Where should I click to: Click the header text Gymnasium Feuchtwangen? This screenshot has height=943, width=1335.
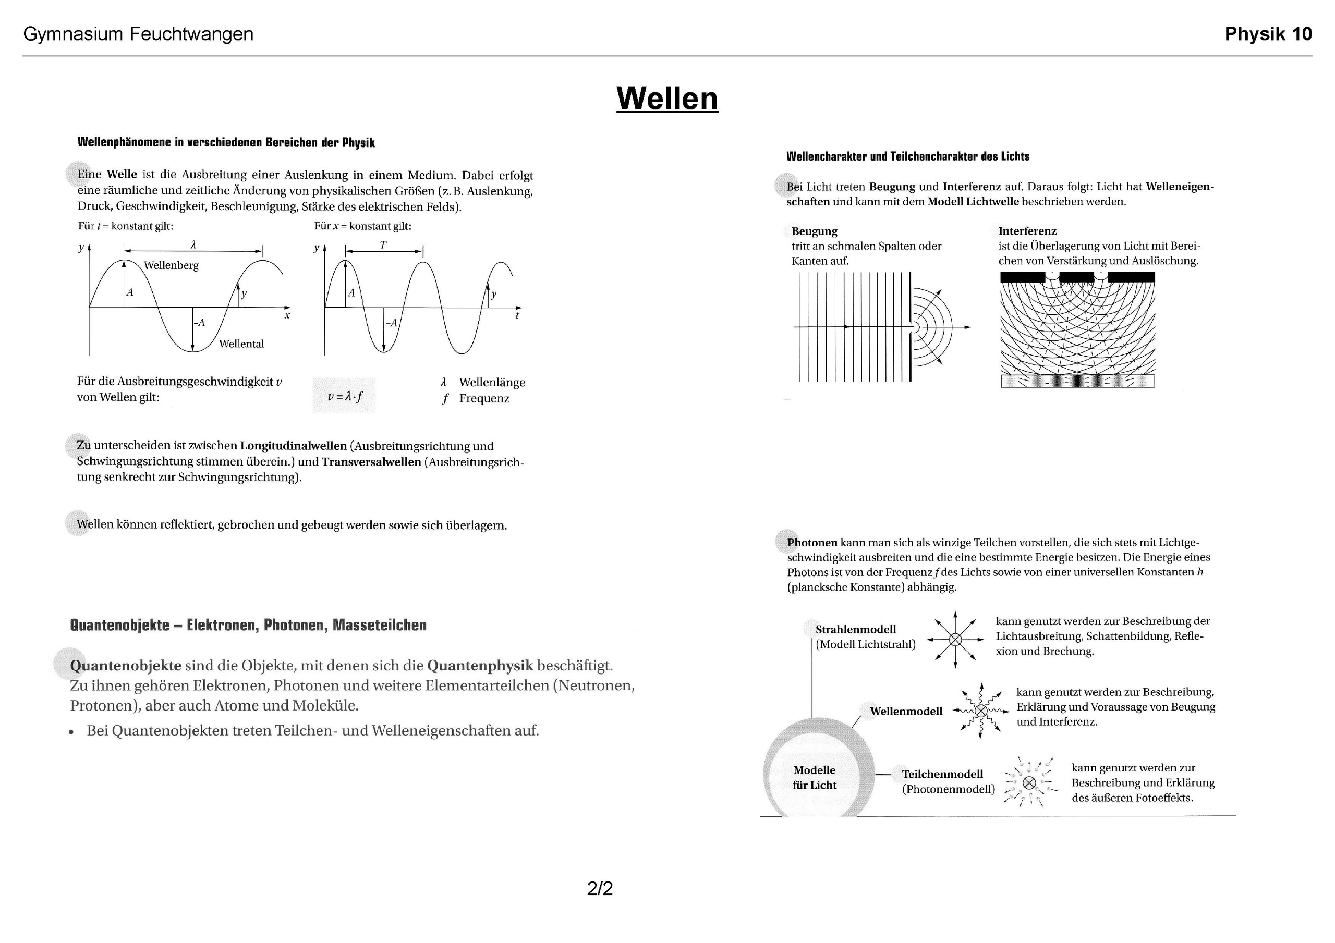(x=138, y=34)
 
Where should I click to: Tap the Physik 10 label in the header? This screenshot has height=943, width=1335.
(x=1268, y=34)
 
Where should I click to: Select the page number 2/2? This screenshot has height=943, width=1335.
(x=600, y=888)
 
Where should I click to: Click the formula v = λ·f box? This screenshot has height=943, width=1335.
(x=344, y=397)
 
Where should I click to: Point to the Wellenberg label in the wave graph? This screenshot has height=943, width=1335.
(x=171, y=266)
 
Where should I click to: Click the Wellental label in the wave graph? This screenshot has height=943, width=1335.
(x=241, y=344)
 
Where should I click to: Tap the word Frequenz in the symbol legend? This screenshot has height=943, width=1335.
(x=484, y=399)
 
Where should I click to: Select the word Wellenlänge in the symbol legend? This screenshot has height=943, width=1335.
(x=492, y=383)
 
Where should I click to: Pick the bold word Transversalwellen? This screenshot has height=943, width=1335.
(x=371, y=462)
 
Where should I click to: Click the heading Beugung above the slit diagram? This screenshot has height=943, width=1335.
(x=814, y=231)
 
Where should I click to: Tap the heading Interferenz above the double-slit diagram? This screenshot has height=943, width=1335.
(x=1027, y=231)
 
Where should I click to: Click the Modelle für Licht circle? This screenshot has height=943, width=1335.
(x=814, y=777)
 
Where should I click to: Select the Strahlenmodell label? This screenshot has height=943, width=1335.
(x=855, y=630)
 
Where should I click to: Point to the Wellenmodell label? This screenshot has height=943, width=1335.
(x=906, y=712)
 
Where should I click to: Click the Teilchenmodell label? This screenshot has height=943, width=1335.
(x=942, y=775)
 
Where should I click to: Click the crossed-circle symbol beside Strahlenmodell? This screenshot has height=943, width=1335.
(x=955, y=640)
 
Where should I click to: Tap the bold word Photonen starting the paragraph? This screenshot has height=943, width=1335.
(x=812, y=543)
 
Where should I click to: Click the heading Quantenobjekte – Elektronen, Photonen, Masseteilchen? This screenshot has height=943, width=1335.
(x=248, y=626)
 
